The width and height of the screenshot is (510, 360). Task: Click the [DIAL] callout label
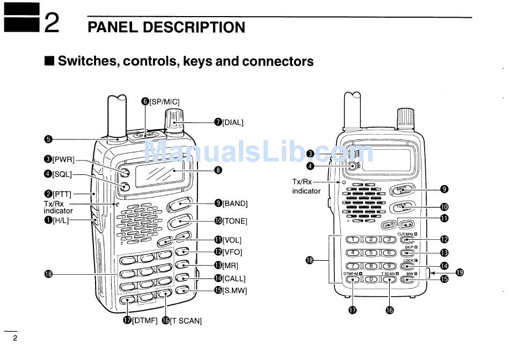point(232,122)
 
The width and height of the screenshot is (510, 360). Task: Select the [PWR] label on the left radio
point(63,159)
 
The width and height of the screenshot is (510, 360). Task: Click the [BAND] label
point(235,203)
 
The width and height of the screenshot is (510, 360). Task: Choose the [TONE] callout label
point(235,221)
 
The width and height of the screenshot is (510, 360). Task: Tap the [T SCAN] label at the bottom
point(185,321)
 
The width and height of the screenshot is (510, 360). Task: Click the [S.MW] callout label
point(235,291)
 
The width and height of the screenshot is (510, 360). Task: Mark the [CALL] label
point(234,278)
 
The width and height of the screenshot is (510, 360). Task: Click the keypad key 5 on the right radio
point(370,253)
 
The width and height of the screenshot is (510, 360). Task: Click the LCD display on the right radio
point(388,159)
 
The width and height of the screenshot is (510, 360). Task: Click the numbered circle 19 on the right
point(460,272)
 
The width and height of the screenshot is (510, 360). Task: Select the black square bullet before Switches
point(49,61)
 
